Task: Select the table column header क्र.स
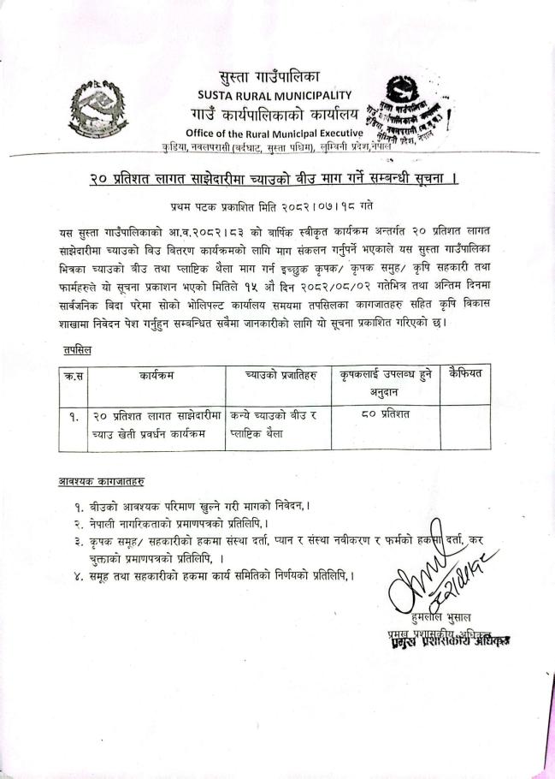point(74,374)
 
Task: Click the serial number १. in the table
point(74,417)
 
